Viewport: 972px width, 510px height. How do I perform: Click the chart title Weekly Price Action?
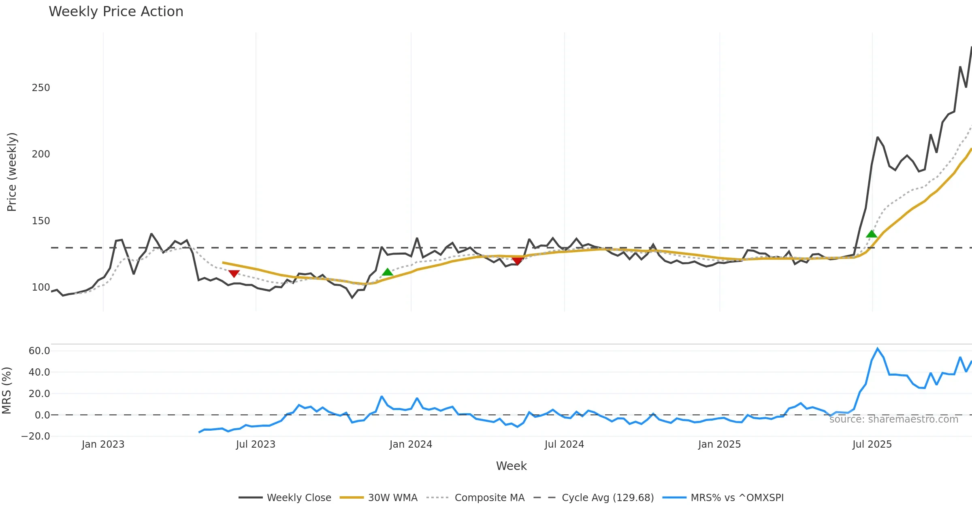(116, 12)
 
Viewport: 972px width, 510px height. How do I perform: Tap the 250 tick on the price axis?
(41, 88)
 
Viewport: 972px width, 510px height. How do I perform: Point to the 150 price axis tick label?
(41, 221)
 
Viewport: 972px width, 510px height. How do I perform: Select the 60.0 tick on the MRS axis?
(39, 351)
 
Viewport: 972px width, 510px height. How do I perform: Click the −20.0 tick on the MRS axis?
(36, 436)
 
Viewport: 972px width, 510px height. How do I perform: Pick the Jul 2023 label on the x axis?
(256, 444)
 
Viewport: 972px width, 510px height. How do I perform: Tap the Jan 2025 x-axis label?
(719, 444)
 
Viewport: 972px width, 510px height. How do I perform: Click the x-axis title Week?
(511, 466)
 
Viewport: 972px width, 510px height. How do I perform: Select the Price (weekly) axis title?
(12, 172)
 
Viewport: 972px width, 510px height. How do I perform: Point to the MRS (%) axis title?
(7, 391)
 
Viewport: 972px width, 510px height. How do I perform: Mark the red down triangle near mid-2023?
(234, 274)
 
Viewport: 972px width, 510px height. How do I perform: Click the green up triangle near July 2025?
(872, 234)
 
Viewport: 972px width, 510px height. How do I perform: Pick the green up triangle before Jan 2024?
(388, 272)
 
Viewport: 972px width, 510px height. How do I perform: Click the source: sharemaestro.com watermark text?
(893, 419)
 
